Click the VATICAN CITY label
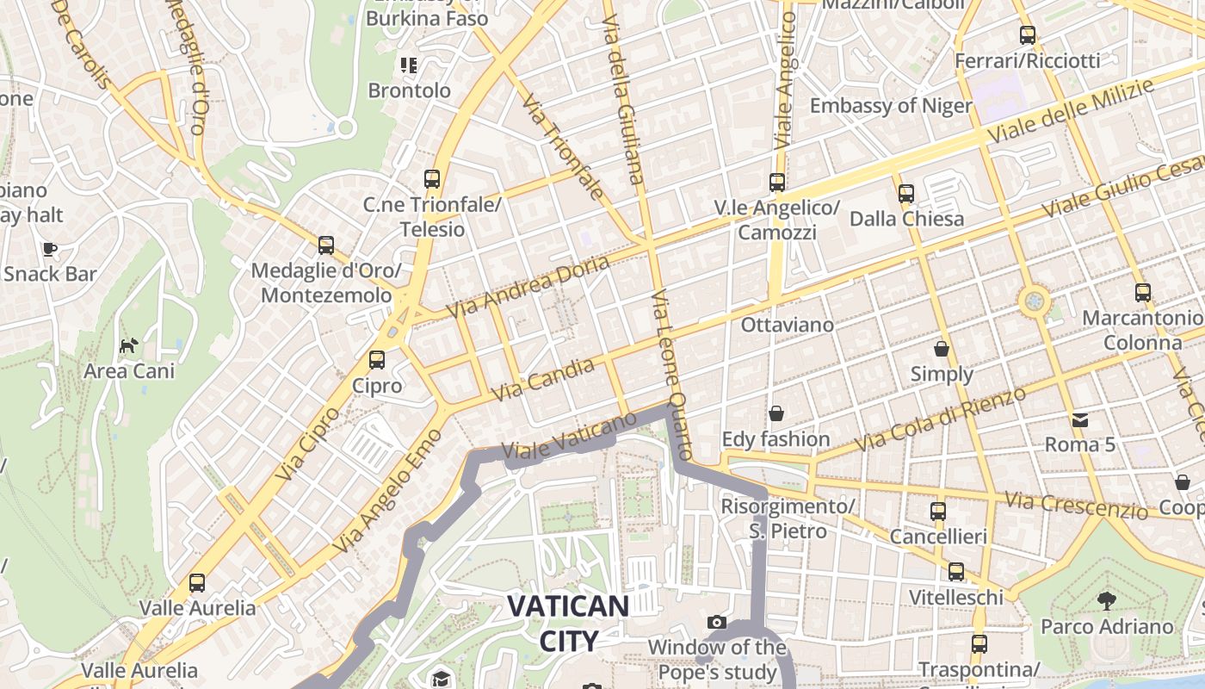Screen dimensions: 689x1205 tap(567, 623)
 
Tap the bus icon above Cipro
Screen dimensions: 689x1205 tap(377, 360)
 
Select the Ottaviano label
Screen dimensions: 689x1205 tap(788, 325)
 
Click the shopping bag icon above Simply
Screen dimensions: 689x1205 tap(942, 349)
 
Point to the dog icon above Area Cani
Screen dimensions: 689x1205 tap(128, 346)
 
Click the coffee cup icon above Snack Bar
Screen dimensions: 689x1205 tap(50, 249)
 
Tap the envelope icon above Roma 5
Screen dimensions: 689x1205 tap(1079, 420)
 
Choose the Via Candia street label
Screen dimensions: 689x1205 tap(543, 379)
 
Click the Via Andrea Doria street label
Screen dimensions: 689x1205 tap(528, 285)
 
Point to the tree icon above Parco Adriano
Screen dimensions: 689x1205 tap(1107, 600)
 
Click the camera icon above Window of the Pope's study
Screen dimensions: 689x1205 tap(716, 622)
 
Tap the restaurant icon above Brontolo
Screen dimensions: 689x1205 tap(409, 65)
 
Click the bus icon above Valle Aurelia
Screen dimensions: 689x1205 tap(197, 583)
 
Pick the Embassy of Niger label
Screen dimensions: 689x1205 tap(891, 106)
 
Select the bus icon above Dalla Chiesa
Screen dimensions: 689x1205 tap(905, 194)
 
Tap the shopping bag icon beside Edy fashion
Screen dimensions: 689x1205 tap(776, 414)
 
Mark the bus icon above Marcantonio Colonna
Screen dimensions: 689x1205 tap(1142, 293)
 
